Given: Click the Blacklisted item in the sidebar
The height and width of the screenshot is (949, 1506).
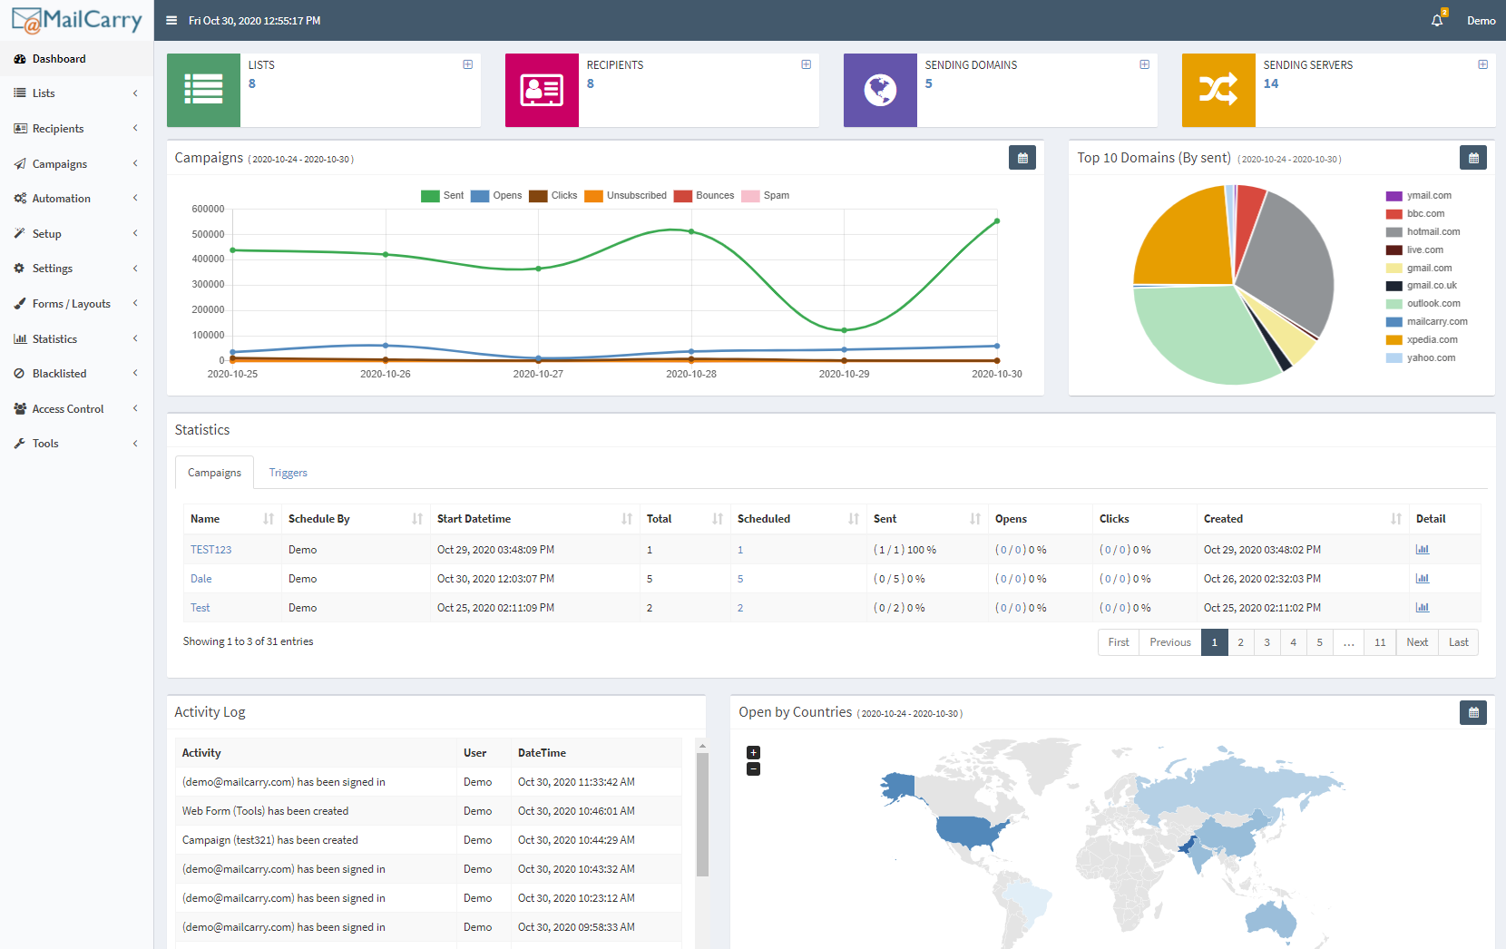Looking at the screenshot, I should tap(59, 374).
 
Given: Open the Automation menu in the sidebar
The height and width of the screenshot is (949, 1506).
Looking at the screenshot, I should tap(61, 199).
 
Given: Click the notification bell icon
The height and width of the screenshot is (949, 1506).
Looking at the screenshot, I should tap(1437, 20).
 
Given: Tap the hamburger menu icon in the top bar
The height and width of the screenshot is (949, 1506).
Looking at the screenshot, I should tap(171, 20).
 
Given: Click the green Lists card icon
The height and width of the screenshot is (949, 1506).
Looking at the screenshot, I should tap(203, 90).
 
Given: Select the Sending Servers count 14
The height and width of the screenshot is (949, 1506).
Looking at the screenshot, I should tap(1270, 83).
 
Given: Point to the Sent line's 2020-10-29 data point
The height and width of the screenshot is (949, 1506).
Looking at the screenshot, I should tap(844, 330).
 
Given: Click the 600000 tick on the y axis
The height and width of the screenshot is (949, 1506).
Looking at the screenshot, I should tap(208, 209).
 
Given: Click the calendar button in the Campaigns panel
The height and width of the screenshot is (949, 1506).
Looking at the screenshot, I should tap(1022, 158).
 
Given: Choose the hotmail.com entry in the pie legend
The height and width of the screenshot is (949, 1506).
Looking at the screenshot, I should tap(1433, 232).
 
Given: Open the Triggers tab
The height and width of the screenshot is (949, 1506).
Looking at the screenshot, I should tap(288, 473).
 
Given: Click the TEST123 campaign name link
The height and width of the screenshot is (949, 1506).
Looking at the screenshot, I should tap(210, 550).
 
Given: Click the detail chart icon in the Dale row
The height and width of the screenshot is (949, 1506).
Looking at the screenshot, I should tap(1422, 579).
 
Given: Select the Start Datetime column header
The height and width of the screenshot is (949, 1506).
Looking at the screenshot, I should tap(474, 519).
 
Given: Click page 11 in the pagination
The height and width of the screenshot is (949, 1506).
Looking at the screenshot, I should tap(1380, 642).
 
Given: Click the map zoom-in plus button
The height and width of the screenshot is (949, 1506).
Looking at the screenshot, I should tap(753, 753).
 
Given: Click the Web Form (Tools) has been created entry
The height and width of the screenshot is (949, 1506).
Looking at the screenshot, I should tap(265, 811).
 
